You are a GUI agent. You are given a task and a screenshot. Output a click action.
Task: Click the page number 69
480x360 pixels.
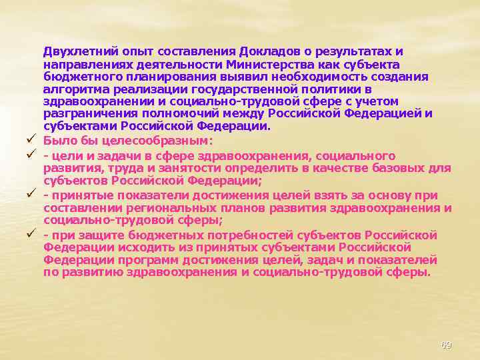point(446,345)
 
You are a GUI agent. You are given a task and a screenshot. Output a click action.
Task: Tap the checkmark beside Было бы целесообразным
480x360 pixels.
point(31,140)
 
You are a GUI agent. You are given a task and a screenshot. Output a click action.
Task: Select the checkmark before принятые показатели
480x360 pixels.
point(31,195)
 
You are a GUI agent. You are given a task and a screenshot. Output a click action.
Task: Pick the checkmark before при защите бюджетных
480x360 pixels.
point(31,235)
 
